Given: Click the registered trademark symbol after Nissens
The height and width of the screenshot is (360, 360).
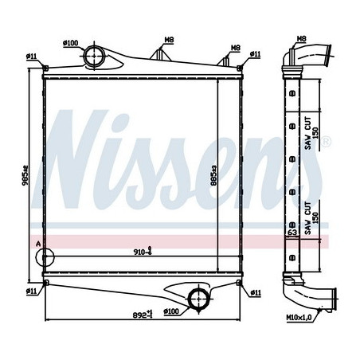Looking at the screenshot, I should pos(327,142).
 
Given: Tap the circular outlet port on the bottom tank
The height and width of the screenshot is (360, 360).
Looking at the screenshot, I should pos(195,299).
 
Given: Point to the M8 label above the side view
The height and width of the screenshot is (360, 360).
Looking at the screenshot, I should pos(302,38).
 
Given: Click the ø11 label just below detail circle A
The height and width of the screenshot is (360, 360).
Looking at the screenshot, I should pos(32,292).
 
